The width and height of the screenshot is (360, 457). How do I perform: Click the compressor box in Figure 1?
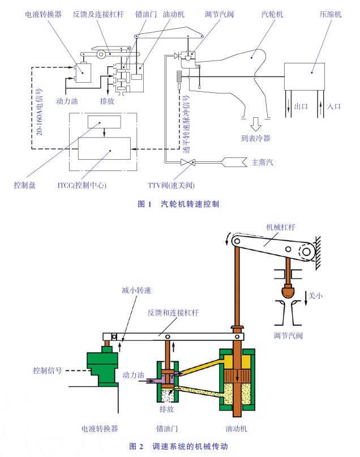click(x=305, y=76)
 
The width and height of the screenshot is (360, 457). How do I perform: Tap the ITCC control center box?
click(x=104, y=148)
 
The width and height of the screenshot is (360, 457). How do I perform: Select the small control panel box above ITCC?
click(x=104, y=122)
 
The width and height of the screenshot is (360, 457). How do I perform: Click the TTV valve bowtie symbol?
click(x=188, y=162)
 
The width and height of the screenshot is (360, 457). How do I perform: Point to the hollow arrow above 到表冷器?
click(x=255, y=124)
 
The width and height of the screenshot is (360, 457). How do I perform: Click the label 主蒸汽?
click(x=263, y=163)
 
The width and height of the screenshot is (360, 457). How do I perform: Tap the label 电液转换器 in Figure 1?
click(x=44, y=14)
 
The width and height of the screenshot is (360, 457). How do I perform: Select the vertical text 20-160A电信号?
click(x=39, y=112)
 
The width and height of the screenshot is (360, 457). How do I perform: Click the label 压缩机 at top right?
click(x=331, y=14)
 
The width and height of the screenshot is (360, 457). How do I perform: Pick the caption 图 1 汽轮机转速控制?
click(x=178, y=204)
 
